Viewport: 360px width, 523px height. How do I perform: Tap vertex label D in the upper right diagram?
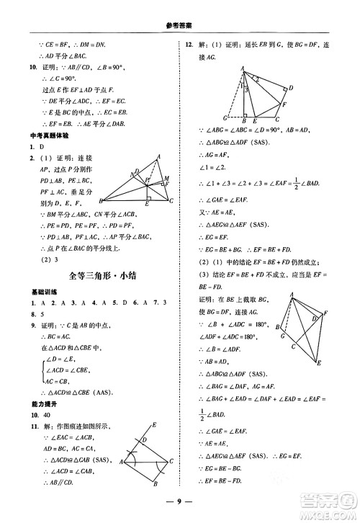click(290, 88)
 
